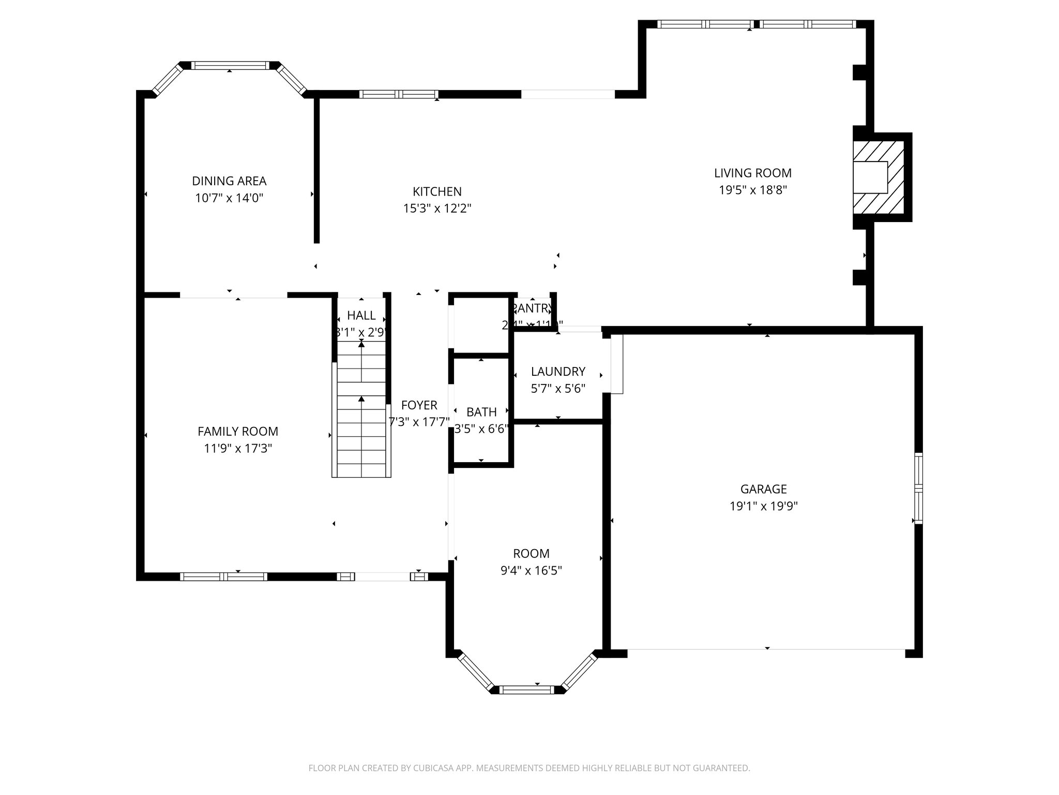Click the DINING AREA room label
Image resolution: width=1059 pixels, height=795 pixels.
pos(229,181)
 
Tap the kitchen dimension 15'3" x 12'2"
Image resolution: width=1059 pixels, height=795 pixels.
pos(437,209)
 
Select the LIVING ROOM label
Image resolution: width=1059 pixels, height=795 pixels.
pos(752,173)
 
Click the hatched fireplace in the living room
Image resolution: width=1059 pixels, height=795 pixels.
pos(878,177)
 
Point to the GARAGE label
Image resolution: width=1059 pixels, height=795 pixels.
pos(763,489)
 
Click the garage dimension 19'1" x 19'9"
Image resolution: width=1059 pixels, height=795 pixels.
pos(763,506)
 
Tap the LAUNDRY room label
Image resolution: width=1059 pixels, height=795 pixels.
pos(558,372)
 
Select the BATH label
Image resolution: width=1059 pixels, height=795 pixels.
pos(481,412)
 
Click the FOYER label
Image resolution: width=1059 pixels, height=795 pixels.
pos(419,405)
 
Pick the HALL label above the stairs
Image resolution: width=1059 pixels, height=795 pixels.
pos(361,316)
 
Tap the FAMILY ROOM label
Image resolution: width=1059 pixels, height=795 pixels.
pos(238,431)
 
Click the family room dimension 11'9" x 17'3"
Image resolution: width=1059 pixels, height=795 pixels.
pos(238,448)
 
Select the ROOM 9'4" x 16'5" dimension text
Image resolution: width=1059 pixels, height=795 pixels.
pos(531,571)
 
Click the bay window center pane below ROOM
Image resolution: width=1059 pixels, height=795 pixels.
pos(527,689)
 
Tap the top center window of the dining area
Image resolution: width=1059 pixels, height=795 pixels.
pos(230,65)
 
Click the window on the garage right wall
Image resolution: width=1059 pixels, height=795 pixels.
pos(918,488)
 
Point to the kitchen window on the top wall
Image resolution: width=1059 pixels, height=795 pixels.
pos(399,94)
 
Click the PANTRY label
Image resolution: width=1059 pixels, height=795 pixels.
pos(532,308)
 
